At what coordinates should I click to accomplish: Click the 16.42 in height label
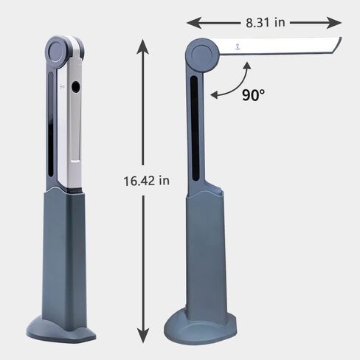147,181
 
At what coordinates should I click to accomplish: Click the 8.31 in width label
266,23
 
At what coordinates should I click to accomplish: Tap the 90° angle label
254,95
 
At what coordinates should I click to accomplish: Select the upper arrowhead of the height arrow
142,46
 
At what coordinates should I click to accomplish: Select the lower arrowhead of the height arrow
143,336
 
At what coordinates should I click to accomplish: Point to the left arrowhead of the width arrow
194,23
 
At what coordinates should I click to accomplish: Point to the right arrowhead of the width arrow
334,23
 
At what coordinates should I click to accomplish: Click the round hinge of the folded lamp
57,52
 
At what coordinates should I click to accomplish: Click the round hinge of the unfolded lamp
202,55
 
